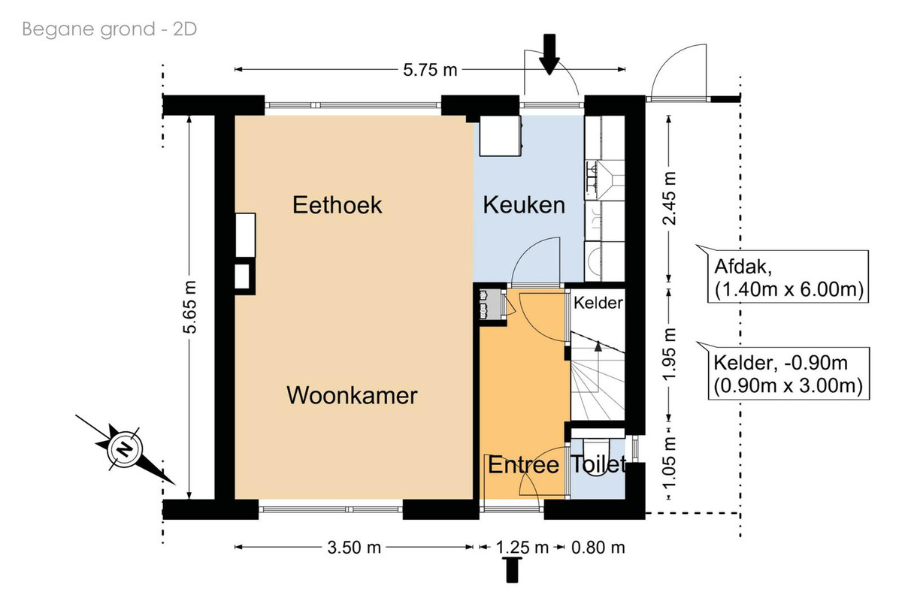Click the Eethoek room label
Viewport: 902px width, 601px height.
[337, 205]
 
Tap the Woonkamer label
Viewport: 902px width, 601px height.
[352, 395]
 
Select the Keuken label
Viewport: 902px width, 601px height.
[524, 205]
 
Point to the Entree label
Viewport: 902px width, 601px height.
[523, 465]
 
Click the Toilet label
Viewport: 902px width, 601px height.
[598, 464]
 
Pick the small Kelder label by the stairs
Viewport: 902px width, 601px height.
[598, 303]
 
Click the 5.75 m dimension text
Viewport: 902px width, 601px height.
[430, 70]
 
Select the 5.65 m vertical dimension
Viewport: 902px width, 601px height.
[189, 307]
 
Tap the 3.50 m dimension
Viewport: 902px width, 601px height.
[354, 548]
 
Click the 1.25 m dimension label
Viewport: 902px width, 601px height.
[522, 548]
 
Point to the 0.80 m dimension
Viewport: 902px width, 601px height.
[598, 548]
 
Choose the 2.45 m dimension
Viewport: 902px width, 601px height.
[669, 198]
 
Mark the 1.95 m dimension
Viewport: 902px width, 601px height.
[669, 355]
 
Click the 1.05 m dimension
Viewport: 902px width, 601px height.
[669, 463]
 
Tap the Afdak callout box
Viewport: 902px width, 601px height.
[788, 276]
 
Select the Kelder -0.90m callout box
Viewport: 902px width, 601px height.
[788, 373]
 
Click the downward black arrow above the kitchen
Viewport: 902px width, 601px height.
[549, 54]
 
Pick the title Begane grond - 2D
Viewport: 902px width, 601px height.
[110, 29]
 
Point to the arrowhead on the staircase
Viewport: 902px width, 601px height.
[598, 346]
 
